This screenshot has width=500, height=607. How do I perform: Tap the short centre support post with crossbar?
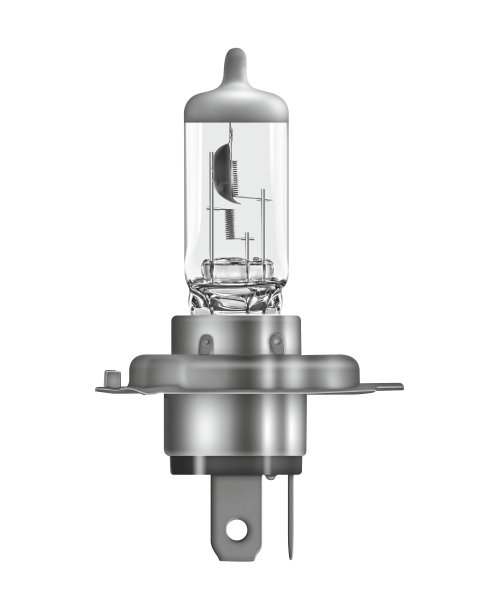pos(248,240)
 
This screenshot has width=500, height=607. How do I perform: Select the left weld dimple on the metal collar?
pos(204,343)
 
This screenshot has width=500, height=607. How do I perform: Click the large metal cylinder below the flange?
pos(240,420)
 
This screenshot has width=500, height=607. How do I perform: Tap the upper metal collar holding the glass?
pos(240,335)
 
